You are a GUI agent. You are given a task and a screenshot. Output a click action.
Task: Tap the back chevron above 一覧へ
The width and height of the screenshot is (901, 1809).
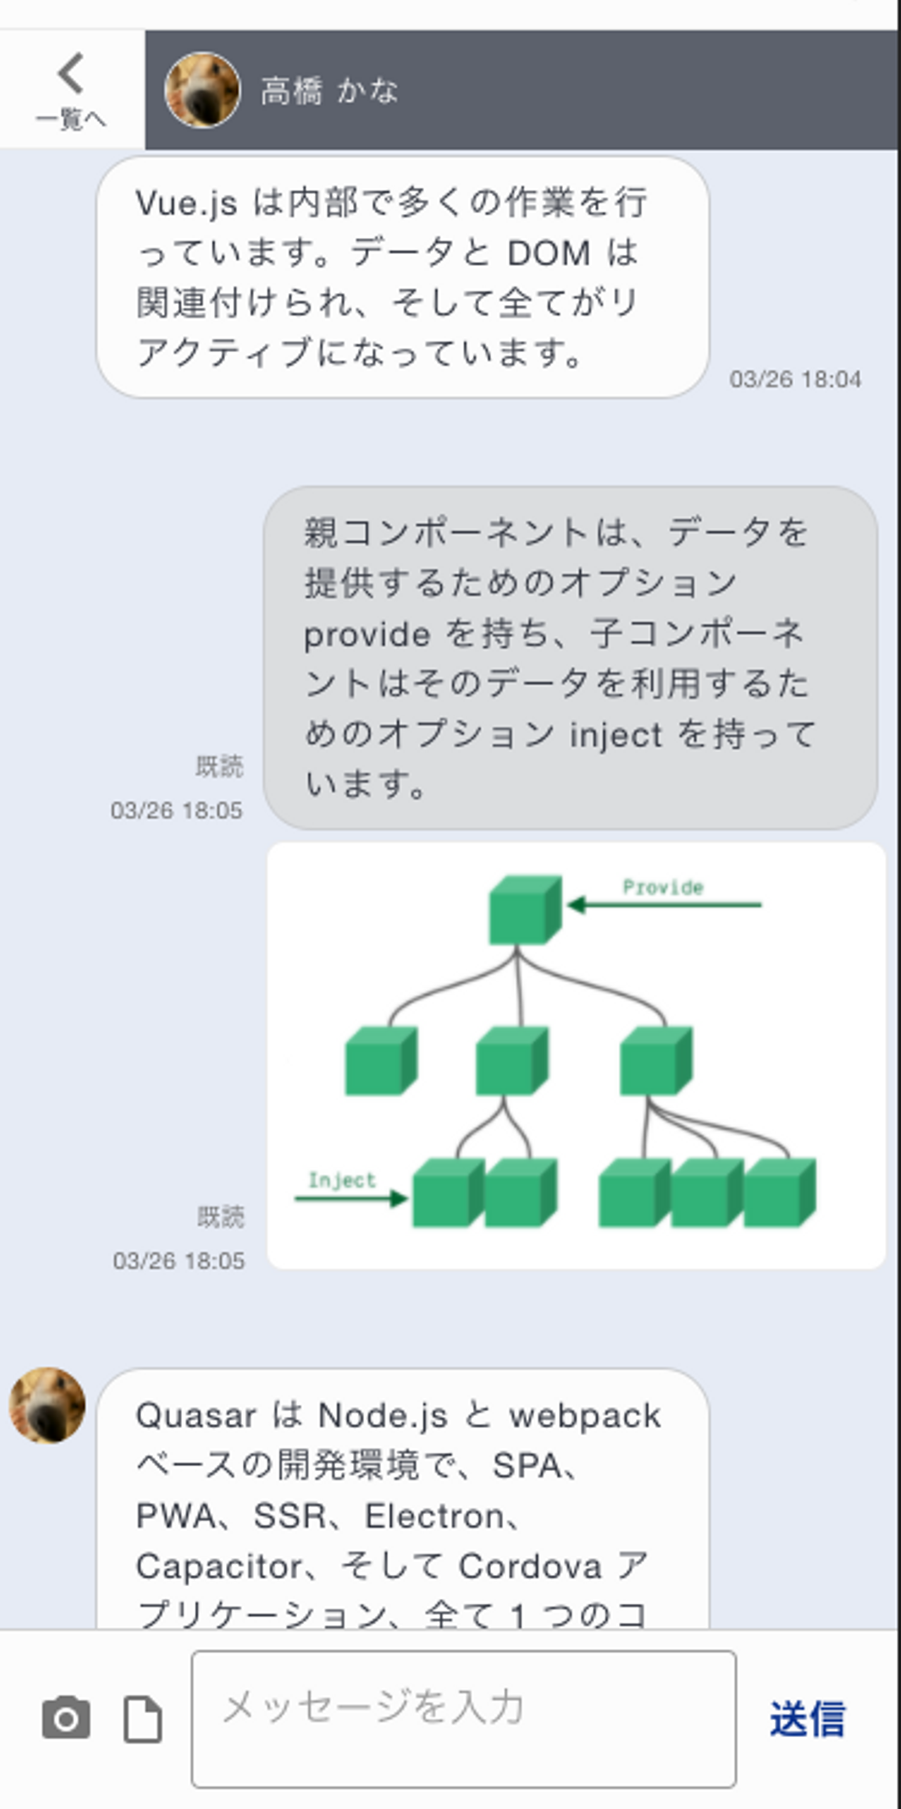[x=71, y=73]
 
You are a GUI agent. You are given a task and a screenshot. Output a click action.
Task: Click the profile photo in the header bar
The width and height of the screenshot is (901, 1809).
[x=202, y=90]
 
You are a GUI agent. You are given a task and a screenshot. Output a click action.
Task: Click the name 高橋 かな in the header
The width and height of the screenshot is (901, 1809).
[x=328, y=91]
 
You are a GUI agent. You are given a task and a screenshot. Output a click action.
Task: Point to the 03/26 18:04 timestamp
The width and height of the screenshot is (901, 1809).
[x=795, y=379]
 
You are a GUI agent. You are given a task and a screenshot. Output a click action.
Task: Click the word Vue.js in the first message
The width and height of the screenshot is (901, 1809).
[x=186, y=203]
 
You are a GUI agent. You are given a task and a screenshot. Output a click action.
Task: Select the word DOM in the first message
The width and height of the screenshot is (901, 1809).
[x=549, y=253]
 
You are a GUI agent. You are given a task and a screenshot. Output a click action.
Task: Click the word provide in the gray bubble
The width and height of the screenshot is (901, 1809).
[x=367, y=635]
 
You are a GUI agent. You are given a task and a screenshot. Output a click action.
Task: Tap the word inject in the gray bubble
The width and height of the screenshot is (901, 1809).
[x=615, y=735]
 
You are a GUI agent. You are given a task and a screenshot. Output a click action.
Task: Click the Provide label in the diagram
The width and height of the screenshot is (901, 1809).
[x=662, y=888]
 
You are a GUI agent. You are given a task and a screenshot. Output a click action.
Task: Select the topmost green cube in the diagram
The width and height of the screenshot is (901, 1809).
[x=524, y=910]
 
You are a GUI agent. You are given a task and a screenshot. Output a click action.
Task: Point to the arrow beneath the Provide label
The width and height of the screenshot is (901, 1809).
[x=664, y=905]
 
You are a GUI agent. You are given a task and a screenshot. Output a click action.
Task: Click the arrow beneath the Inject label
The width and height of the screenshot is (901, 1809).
[x=350, y=1198]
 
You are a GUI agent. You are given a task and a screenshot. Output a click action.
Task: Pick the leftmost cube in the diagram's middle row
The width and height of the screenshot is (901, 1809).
[x=380, y=1061]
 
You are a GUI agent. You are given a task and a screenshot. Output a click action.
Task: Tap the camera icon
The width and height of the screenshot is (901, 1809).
[x=66, y=1718]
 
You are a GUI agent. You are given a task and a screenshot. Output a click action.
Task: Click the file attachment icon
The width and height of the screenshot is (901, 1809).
[x=143, y=1719]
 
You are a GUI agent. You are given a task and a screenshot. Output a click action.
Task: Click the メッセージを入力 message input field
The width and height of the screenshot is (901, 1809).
[x=464, y=1718]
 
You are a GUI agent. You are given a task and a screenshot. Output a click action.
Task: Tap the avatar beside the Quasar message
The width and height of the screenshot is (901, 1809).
[x=47, y=1405]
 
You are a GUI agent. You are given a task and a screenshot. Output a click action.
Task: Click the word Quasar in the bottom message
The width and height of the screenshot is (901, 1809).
[x=195, y=1415]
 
